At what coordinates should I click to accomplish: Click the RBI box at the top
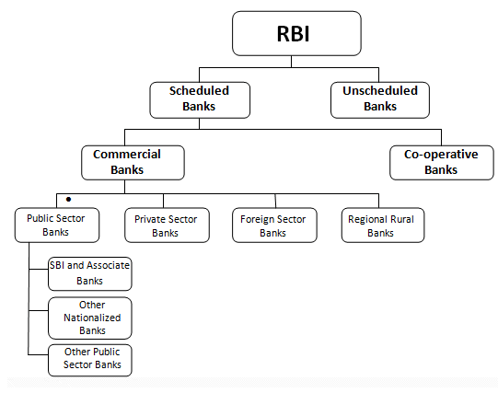tap(296, 33)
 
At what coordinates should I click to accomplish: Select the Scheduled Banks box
tap(200, 100)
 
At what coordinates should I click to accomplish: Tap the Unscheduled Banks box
tap(380, 100)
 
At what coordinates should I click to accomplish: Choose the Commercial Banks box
tap(133, 163)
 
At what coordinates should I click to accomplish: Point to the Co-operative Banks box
tap(442, 163)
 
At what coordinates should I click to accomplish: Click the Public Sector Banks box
tap(57, 225)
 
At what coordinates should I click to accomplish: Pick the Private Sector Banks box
tap(167, 225)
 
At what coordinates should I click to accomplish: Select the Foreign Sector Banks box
tap(274, 225)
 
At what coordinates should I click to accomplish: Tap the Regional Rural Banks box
tap(383, 225)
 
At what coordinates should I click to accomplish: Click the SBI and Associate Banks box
tap(90, 273)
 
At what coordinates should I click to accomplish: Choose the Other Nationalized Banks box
tap(90, 318)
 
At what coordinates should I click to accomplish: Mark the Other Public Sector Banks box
tap(90, 360)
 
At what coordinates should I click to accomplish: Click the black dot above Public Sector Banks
tap(68, 200)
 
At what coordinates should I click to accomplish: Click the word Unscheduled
tap(380, 91)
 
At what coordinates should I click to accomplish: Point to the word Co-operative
tap(441, 155)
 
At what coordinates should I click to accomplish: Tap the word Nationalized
tap(92, 318)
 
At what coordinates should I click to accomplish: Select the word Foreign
tap(251, 220)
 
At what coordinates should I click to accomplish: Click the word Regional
tap(365, 220)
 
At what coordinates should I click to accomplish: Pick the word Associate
tap(108, 265)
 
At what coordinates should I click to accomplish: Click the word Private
tap(146, 219)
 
